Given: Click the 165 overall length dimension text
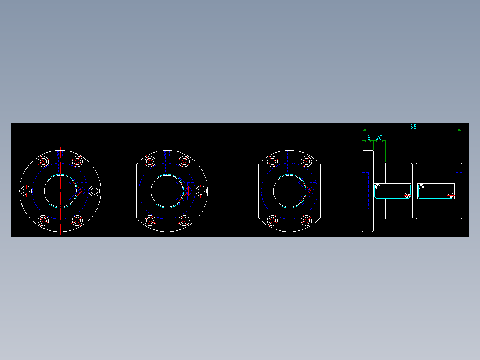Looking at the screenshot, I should click(x=412, y=127).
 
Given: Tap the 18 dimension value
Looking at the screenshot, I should click(x=368, y=138).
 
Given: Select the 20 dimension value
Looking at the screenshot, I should click(x=379, y=138).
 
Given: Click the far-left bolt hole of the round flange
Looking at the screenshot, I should click(x=26, y=191).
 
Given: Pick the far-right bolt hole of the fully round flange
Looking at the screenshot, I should click(x=94, y=191).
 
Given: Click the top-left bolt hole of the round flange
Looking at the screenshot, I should click(x=43, y=161).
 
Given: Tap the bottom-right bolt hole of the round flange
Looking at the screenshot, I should click(x=77, y=220).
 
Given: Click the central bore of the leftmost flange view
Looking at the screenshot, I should click(x=60, y=191).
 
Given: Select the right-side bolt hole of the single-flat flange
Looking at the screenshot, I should click(x=201, y=191).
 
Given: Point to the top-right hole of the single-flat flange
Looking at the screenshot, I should click(x=184, y=161).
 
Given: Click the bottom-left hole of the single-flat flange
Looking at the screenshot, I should click(x=150, y=220).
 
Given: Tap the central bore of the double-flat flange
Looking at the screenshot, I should click(x=289, y=191).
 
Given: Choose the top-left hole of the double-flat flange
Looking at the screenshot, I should click(x=273, y=161).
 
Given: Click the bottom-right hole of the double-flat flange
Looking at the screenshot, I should click(x=306, y=220).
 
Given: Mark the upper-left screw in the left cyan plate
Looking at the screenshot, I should click(x=378, y=187).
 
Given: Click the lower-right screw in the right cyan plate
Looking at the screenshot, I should click(x=451, y=195).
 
